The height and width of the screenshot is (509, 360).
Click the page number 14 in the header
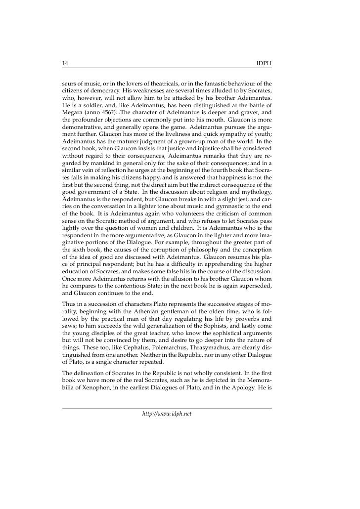[x=65, y=64]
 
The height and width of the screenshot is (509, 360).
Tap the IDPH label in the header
[x=264, y=64]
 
